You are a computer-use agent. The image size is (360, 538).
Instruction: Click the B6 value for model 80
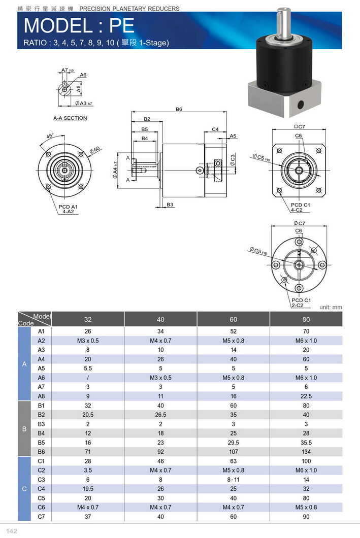(x=306, y=451)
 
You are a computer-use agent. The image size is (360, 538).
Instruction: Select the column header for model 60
(x=233, y=319)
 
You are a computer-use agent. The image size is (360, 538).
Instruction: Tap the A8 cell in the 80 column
(x=306, y=396)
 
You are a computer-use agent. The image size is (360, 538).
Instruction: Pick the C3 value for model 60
(x=233, y=479)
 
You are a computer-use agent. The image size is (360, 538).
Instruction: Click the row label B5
(x=42, y=442)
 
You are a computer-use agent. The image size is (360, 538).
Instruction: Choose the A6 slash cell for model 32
(x=88, y=378)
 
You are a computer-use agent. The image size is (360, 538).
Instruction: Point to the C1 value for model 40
(x=160, y=461)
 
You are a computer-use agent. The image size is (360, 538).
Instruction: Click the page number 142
(x=12, y=531)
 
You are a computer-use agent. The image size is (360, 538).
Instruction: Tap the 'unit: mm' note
(x=331, y=307)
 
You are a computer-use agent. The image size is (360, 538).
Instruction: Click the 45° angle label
(x=50, y=136)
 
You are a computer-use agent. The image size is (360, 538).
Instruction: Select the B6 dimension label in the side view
(x=179, y=109)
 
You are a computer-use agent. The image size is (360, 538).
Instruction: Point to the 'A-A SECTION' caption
(x=70, y=118)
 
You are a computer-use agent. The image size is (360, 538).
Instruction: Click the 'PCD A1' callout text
(x=68, y=207)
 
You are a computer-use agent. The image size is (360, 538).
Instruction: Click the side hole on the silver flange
(x=300, y=105)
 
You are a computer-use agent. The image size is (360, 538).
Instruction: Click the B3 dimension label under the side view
(x=170, y=205)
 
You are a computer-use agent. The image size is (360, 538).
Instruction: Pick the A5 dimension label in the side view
(x=233, y=136)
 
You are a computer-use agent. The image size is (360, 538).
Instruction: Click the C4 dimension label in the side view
(x=215, y=129)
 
